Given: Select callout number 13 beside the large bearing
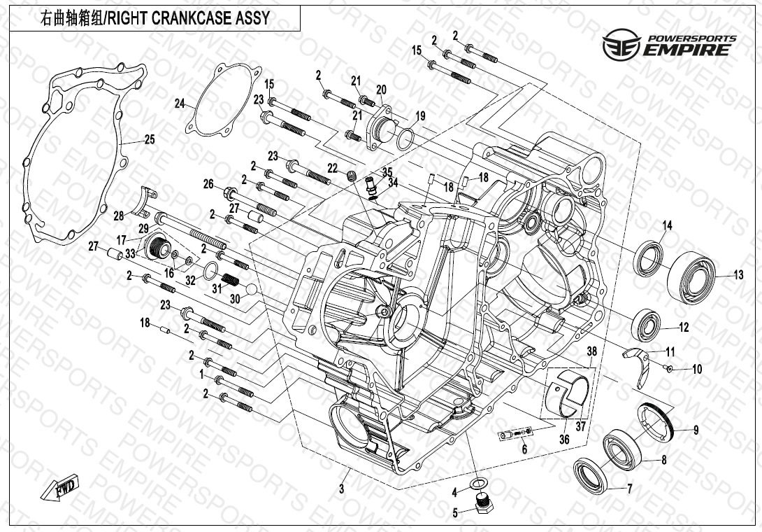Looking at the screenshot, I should click(x=738, y=275).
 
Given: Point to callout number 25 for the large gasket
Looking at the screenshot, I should click(x=149, y=140).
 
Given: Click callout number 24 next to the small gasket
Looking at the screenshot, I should click(x=180, y=104).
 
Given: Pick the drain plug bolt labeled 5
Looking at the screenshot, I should click(x=481, y=503).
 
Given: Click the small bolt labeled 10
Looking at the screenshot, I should click(x=669, y=368).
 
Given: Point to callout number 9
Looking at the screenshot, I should click(x=696, y=431).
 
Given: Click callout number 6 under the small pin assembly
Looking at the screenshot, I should click(x=524, y=449).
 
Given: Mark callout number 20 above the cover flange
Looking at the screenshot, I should click(x=381, y=90).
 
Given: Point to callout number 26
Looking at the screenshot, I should click(x=208, y=184).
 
